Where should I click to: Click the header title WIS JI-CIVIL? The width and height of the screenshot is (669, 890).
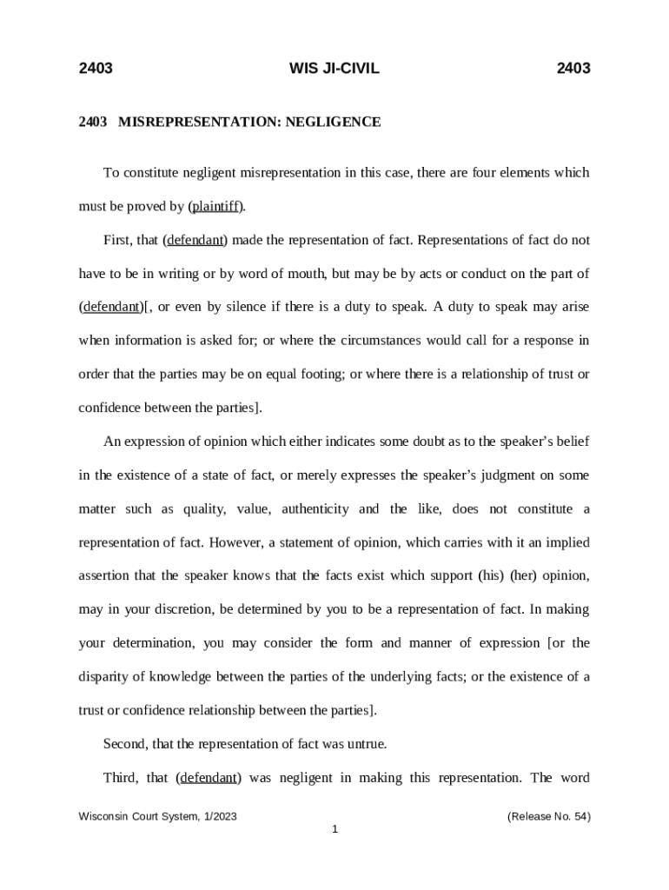334,69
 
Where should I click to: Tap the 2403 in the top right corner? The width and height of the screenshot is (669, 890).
573,69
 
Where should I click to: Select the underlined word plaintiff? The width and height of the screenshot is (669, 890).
216,207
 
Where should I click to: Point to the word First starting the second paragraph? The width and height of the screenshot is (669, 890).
116,240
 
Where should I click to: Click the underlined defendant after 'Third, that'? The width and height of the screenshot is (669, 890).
209,779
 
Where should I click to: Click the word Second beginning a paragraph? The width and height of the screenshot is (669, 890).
123,745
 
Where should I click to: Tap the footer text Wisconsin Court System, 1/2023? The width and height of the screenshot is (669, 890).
158,817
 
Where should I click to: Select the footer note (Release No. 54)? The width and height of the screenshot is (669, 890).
548,817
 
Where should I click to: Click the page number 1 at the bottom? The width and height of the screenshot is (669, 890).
334,830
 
